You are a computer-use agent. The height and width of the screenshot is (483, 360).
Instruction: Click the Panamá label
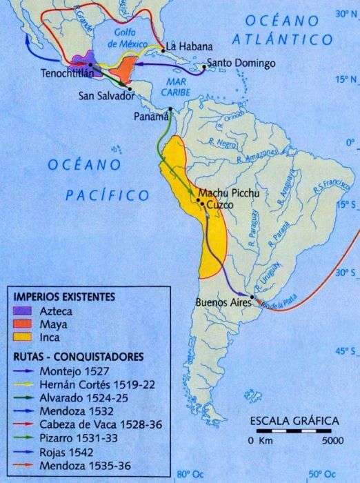(x=152, y=116)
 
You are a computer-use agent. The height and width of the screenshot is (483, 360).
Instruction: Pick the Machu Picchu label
(x=229, y=193)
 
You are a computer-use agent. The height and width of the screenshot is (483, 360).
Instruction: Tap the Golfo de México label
(x=135, y=35)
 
